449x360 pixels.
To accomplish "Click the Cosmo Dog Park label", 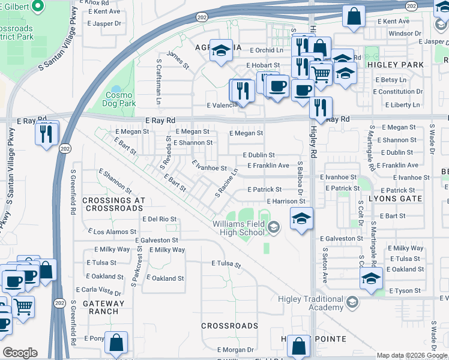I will [121, 99].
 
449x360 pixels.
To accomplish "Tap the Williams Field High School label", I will [238, 228].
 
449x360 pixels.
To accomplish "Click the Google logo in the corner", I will [20, 353].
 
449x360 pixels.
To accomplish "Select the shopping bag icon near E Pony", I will [116, 343].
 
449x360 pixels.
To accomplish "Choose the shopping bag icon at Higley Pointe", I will [298, 346].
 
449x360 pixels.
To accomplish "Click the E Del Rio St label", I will [160, 220].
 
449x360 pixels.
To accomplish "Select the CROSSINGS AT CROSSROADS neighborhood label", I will [113, 204].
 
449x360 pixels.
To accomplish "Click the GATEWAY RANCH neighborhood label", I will [103, 308].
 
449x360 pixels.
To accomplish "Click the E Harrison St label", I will [286, 202].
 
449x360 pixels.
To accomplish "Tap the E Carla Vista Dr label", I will [104, 291].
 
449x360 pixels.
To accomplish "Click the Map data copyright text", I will [412, 355].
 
